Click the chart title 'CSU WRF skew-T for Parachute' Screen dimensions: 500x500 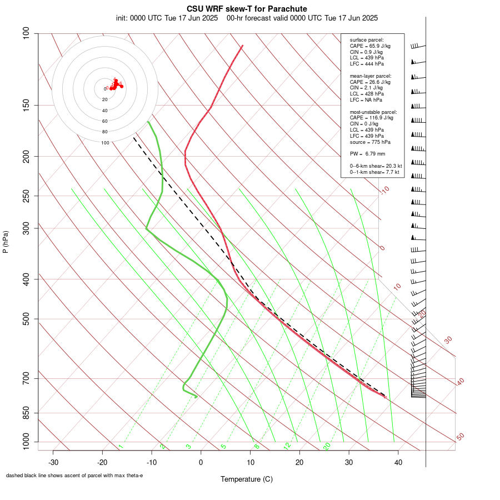[247, 9]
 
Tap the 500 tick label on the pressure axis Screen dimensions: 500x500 [27, 319]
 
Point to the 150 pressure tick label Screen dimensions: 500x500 [27, 105]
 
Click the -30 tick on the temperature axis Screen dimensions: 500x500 [53, 462]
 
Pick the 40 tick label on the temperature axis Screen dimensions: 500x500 [398, 462]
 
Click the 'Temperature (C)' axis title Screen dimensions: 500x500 [247, 479]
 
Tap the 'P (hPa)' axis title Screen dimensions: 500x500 [6, 242]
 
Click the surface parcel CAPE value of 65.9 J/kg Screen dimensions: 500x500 [371, 46]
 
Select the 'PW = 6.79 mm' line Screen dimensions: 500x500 [367, 154]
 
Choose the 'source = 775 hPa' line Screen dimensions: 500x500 [369, 142]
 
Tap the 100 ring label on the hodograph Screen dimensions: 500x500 [105, 143]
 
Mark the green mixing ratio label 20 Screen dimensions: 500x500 [327, 446]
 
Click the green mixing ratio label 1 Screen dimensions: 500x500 [121, 446]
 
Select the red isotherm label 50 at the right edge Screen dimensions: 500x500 [460, 437]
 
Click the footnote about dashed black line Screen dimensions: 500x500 [74, 476]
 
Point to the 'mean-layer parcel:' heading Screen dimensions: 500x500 [371, 76]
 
